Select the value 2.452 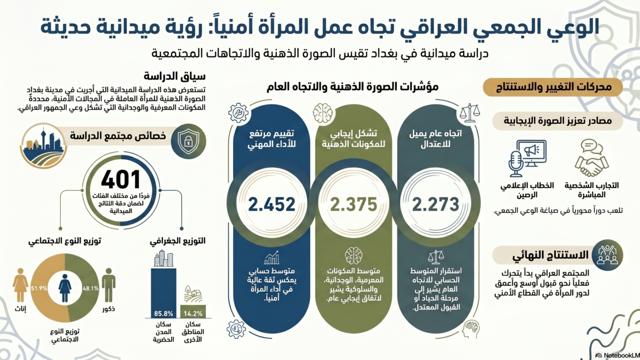(x=271, y=204)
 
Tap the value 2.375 (x=353, y=204)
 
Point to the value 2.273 (x=436, y=204)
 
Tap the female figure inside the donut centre (x=65, y=288)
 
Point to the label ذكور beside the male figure (x=108, y=309)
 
